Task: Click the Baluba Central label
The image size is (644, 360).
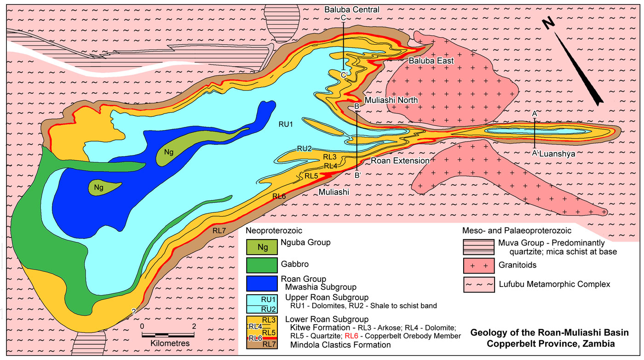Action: point(351,9)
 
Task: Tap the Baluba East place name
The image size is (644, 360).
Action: point(431,61)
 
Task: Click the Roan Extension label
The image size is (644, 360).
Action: point(400,161)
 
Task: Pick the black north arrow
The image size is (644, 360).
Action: point(582,69)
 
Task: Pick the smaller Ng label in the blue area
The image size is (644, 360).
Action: point(98,188)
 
